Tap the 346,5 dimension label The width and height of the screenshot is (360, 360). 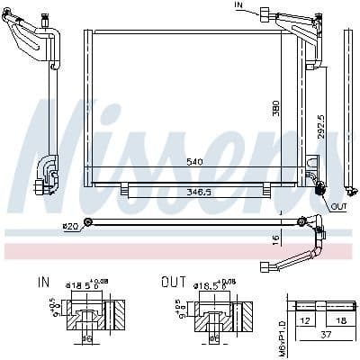click(197, 193)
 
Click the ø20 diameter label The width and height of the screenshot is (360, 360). click(71, 225)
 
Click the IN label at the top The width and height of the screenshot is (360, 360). click(238, 5)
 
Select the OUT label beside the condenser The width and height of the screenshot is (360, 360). click(338, 206)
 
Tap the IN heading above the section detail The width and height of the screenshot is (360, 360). click(44, 281)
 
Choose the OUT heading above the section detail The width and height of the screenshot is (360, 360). click(172, 281)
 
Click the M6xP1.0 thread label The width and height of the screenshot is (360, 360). click(282, 323)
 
